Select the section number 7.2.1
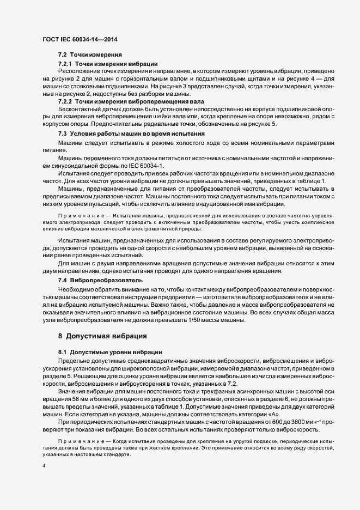[66, 64]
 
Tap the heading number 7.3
[63, 133]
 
